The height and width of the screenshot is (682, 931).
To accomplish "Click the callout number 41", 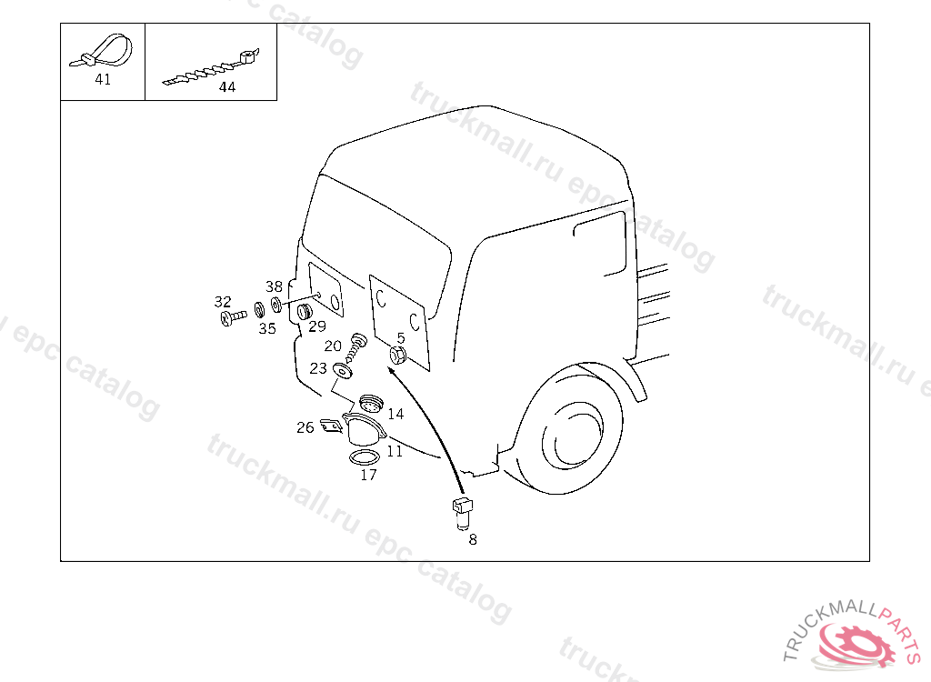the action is [103, 79].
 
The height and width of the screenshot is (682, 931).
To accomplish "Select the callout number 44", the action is [226, 86].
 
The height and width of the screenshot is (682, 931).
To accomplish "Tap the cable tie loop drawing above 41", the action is [102, 52].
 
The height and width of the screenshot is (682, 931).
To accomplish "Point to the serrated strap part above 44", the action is [211, 69].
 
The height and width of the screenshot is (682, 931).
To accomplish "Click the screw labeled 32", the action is [233, 318].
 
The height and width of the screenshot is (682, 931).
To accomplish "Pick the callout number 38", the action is [274, 286].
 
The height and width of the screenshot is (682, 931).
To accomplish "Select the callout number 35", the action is [267, 328].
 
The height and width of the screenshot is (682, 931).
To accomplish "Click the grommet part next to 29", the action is [305, 311].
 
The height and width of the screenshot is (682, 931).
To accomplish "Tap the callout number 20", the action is [333, 346].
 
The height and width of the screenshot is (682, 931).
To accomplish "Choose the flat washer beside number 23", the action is [342, 371].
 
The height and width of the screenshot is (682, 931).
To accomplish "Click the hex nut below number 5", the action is [398, 356].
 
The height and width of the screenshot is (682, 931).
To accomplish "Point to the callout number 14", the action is [395, 414].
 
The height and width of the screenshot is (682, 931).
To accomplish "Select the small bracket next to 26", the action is [331, 426].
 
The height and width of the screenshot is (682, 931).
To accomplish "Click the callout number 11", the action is [395, 452].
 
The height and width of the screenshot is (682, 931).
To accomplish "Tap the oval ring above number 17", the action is [365, 458].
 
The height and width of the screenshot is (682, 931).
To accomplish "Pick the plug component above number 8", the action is [463, 513].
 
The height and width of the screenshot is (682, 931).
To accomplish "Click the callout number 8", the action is [473, 539].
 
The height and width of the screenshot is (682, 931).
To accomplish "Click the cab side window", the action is [600, 243].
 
